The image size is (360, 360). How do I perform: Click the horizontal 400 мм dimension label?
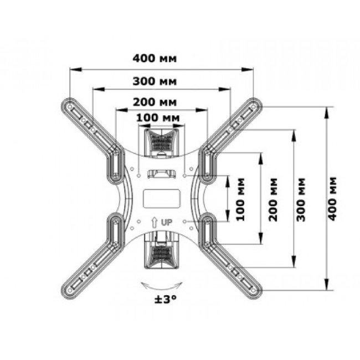pos(155,58)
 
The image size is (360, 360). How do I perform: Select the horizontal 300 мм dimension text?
pos(155,81)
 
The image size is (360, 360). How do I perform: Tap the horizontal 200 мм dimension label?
pos(155,102)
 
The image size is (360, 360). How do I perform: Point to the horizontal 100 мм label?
pos(158,118)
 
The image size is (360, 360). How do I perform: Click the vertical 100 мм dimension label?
pos(240,199)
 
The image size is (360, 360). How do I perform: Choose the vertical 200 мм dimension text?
pos(272,199)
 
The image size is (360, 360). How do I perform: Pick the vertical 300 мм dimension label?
pos(301,199)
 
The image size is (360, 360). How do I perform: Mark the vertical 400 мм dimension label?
pos(332,199)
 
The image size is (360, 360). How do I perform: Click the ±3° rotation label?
pos(166,299)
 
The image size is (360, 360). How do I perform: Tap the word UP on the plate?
pos(167,222)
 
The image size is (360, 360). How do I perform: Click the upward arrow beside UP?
pos(154,222)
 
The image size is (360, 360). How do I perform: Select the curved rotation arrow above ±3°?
pos(162,286)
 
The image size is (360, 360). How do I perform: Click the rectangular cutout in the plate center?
pos(162,199)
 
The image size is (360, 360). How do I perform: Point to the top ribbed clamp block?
pos(161,143)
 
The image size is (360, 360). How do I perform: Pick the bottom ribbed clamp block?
pos(161,250)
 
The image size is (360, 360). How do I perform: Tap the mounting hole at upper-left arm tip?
pos(70,107)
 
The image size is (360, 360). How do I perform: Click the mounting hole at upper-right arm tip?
pos(253,107)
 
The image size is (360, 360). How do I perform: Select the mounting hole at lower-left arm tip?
pos(70,290)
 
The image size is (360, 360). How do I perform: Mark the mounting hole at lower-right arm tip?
pos(253,290)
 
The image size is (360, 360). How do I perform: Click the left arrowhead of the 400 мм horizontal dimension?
pos(76,69)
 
